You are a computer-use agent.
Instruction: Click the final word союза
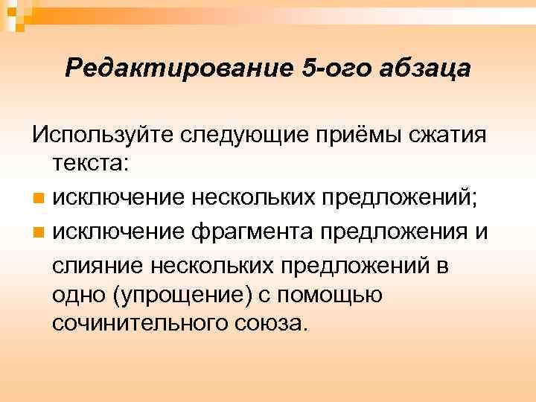273,325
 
